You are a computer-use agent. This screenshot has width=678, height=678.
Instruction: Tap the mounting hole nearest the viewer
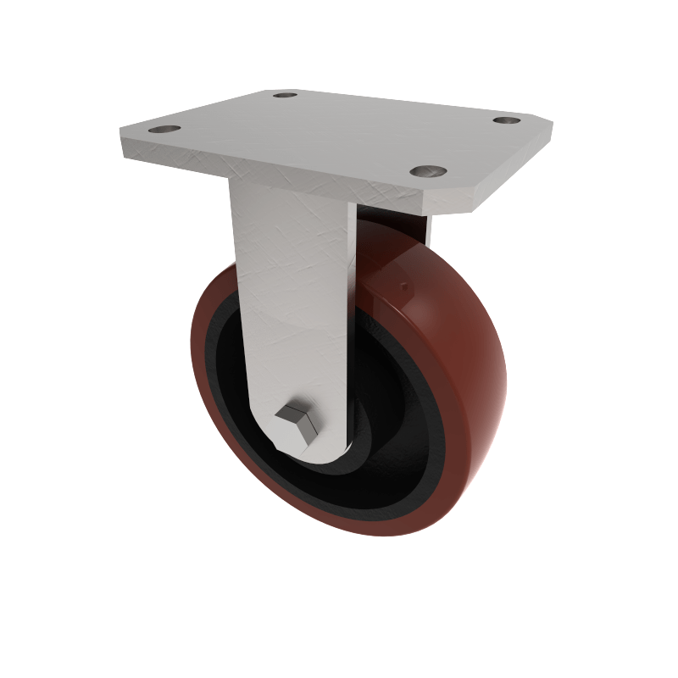pos(428,171)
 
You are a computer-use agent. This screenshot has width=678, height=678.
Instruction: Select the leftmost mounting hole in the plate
pos(164,130)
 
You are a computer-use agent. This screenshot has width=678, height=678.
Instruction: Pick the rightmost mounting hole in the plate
pos(507,121)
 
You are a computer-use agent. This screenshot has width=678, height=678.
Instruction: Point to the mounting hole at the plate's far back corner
pos(286,95)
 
